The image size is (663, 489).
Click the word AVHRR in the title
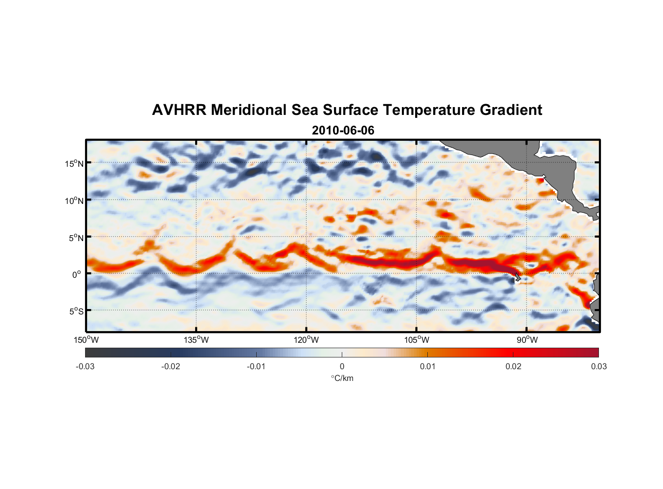(178, 110)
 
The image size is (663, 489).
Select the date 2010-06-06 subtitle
(343, 131)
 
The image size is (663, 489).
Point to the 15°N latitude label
(74, 163)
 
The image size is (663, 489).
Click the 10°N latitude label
(74, 200)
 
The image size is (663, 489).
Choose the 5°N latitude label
(75, 238)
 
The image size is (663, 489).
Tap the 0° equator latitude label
(77, 274)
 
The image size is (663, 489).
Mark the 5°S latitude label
(75, 311)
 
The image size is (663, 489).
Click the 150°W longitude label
(86, 340)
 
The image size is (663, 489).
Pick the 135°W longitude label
(196, 340)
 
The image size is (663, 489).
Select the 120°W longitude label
(306, 340)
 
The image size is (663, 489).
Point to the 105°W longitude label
(417, 340)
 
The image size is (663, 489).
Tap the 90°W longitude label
(527, 340)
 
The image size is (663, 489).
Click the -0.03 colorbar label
(85, 366)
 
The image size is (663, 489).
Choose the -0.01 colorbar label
(256, 366)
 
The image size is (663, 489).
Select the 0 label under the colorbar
(342, 366)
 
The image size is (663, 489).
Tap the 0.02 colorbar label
(513, 366)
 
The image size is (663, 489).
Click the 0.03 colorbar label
(598, 366)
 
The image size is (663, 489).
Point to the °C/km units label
(342, 378)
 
